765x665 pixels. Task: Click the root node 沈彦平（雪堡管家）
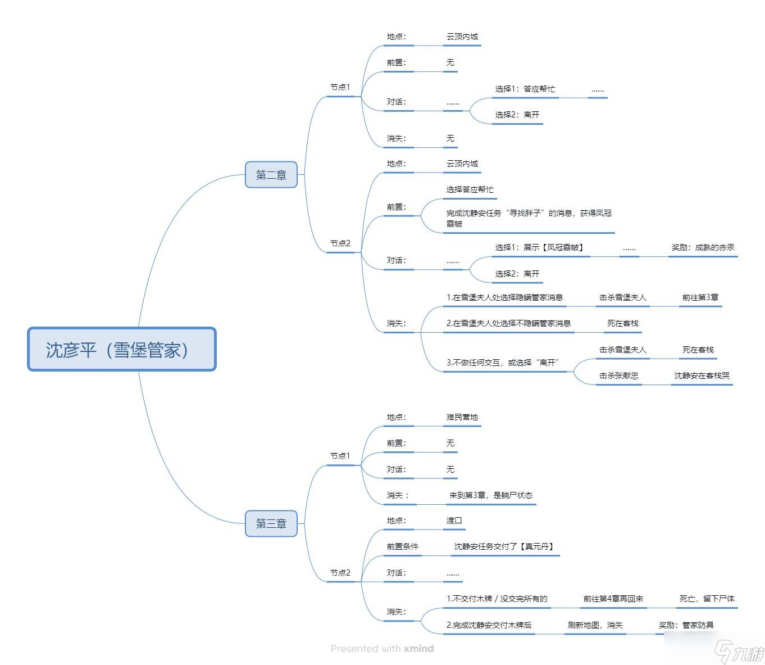pyautogui.click(x=122, y=349)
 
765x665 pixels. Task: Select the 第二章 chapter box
pyautogui.click(x=271, y=174)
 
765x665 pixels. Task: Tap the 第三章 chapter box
pyautogui.click(x=271, y=523)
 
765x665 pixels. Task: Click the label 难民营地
pyautogui.click(x=462, y=417)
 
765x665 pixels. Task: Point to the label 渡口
pyautogui.click(x=454, y=521)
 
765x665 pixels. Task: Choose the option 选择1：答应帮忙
pyautogui.click(x=525, y=89)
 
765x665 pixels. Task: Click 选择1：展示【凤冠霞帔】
pyautogui.click(x=539, y=247)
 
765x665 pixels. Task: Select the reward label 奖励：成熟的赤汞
pyautogui.click(x=703, y=247)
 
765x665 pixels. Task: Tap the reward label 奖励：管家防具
pyautogui.click(x=686, y=625)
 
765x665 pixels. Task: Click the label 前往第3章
pyautogui.click(x=700, y=297)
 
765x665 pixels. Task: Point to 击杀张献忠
pyautogui.click(x=618, y=376)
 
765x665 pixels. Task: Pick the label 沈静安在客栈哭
pyautogui.click(x=702, y=376)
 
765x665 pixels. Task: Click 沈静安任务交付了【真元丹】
pyautogui.click(x=504, y=546)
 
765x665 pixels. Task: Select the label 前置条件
pyautogui.click(x=402, y=546)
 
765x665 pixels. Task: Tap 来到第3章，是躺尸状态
pyautogui.click(x=490, y=495)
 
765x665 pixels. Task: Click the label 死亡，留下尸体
pyautogui.click(x=707, y=599)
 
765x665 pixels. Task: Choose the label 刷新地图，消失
pyautogui.click(x=595, y=625)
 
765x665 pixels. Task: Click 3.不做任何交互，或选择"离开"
pyautogui.click(x=502, y=363)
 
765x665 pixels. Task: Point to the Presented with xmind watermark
pyautogui.click(x=382, y=649)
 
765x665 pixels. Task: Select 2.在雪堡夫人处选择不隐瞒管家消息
pyautogui.click(x=508, y=323)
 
